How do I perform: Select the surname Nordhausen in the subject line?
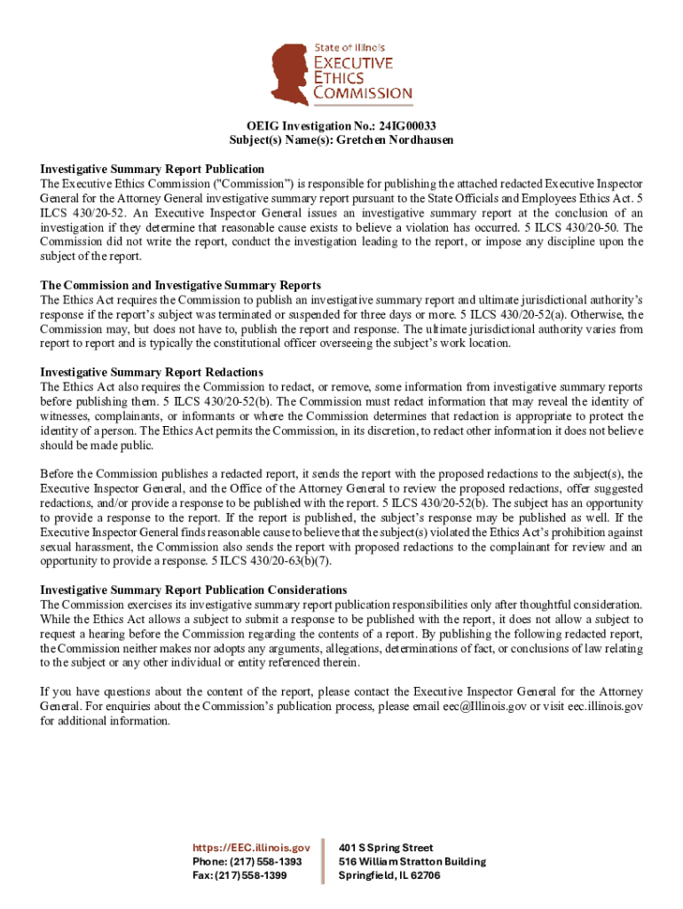419,140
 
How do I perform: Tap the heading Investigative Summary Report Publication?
152,169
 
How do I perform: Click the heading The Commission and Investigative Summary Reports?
180,286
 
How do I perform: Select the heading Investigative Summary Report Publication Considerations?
193,590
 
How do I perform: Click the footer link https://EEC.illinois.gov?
253,848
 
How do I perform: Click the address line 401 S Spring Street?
386,848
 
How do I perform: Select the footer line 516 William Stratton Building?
412,862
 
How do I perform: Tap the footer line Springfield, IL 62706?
389,875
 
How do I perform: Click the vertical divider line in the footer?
325,861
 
